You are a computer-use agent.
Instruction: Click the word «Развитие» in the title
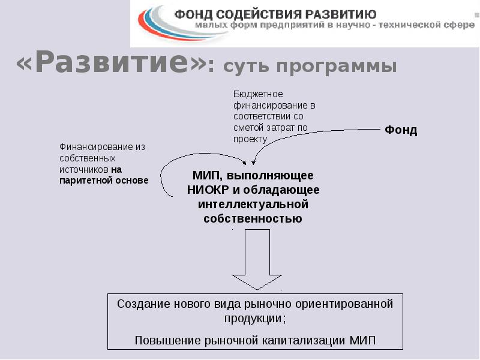click(x=112, y=62)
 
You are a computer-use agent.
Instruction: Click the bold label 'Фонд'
click(x=401, y=130)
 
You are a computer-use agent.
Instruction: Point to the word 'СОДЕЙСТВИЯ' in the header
click(x=268, y=14)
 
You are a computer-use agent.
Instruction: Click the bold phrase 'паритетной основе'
click(x=104, y=181)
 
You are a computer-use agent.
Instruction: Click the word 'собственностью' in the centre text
click(x=253, y=218)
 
